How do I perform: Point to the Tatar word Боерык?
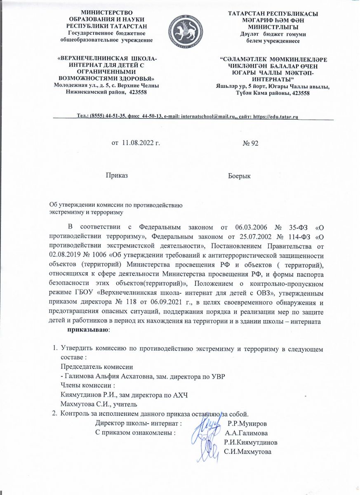(240, 176)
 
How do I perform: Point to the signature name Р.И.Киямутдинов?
(250, 442)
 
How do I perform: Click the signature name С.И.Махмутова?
(247, 452)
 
